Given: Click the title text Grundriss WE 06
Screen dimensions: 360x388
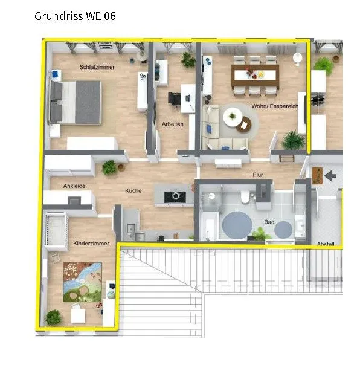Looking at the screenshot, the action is tap(75, 16).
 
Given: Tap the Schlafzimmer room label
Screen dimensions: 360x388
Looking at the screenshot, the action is tap(97, 67).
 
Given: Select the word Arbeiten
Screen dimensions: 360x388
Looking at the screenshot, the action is tap(173, 124).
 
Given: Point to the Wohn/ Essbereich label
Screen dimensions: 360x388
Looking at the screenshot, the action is tap(275, 106).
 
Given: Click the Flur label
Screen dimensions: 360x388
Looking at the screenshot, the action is tap(258, 175).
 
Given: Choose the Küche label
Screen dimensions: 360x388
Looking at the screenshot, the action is tap(133, 190).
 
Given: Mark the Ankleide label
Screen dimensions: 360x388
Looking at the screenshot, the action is tap(74, 186).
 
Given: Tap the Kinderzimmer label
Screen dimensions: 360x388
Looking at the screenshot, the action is tap(91, 244).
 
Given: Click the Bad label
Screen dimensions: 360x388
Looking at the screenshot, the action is tap(269, 222).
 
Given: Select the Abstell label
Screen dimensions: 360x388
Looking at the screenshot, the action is tap(326, 244).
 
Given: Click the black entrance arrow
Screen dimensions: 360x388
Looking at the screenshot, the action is tap(330, 176).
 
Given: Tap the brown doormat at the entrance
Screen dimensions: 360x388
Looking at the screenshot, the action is tap(318, 176).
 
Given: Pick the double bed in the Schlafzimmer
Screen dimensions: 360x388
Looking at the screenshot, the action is tap(76, 102).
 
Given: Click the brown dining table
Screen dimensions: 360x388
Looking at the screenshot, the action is tap(255, 76).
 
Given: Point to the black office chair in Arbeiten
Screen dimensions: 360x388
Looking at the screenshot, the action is tap(175, 99).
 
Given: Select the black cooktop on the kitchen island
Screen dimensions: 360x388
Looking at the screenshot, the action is tap(175, 197).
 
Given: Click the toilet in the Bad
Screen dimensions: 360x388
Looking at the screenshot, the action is tap(245, 197).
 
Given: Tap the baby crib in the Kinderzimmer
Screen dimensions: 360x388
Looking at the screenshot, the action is tap(57, 231).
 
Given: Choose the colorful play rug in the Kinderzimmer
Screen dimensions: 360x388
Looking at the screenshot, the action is tap(83, 282).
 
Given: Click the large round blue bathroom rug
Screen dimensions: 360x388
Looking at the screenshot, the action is tap(237, 225).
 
